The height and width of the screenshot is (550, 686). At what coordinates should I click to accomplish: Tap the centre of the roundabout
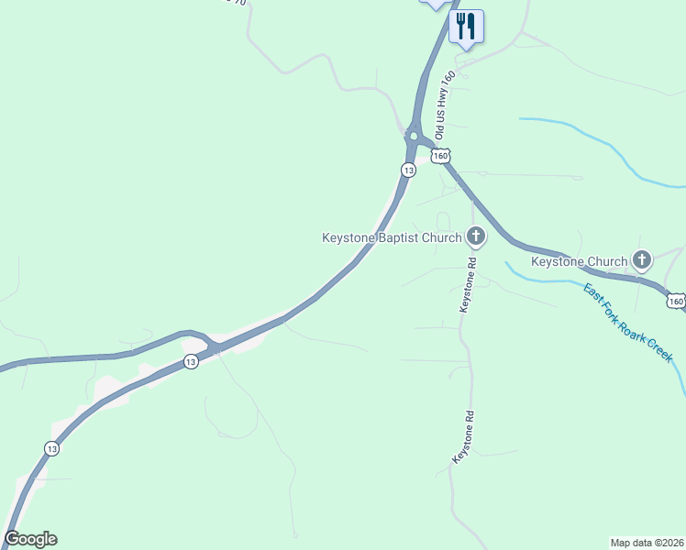(414, 137)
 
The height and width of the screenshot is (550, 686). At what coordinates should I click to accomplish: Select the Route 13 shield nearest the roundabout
(407, 170)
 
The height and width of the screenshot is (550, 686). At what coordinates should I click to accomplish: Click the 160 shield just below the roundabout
(442, 157)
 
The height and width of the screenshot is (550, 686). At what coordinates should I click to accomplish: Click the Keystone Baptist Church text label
(392, 238)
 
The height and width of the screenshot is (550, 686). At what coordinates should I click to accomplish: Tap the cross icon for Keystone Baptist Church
(475, 237)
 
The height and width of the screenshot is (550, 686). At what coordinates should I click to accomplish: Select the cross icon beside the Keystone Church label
(642, 261)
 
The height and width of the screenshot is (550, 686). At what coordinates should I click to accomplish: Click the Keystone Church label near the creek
(580, 262)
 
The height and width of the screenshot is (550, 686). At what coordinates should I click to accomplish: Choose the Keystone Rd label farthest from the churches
(465, 435)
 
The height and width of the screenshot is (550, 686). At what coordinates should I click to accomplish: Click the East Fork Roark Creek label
(628, 322)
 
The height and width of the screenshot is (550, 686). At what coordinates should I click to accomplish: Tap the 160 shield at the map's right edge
(675, 301)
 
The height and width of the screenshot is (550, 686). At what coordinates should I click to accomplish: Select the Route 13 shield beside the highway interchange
(190, 362)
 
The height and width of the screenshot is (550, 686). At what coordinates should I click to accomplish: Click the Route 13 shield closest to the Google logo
(51, 448)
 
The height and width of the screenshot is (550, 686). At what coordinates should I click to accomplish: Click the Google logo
(30, 539)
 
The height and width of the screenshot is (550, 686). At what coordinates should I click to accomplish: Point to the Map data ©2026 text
(646, 542)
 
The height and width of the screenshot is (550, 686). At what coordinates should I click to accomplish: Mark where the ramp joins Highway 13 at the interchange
(214, 347)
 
